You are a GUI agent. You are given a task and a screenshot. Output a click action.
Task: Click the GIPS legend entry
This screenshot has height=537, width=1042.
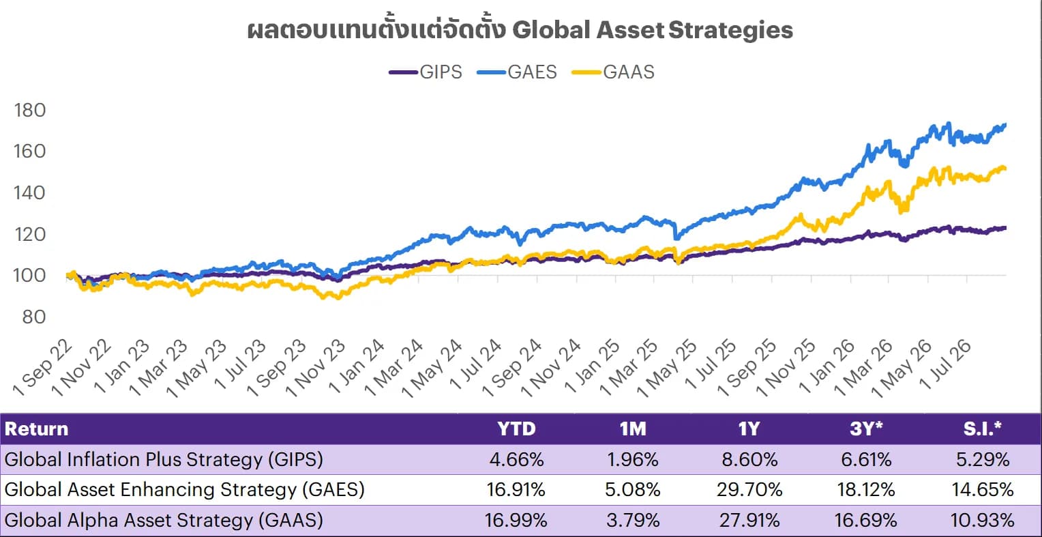coord(426,72)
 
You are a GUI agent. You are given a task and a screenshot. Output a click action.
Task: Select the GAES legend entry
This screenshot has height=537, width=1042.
coord(518,72)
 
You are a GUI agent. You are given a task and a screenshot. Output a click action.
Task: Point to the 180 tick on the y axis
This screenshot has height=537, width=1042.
coord(30,111)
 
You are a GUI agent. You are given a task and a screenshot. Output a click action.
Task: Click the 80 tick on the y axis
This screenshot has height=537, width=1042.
coord(34,317)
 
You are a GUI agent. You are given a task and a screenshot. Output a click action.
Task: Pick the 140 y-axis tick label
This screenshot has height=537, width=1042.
coord(30,192)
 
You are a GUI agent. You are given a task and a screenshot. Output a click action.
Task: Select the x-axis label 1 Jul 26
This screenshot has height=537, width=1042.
coord(946,365)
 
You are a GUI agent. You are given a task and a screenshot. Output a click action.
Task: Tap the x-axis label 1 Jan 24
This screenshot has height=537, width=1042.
coord(357,366)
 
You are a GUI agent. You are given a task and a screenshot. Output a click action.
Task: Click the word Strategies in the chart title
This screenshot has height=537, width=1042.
coord(731,30)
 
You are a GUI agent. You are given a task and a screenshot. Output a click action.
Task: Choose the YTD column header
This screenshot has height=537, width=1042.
coord(516,429)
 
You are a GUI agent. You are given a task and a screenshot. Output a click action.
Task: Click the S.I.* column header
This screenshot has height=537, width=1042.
coord(983,429)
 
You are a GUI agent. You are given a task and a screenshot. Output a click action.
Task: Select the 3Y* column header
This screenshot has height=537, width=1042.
coord(866,429)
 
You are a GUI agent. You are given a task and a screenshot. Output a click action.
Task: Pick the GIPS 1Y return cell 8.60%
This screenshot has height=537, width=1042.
coord(750,460)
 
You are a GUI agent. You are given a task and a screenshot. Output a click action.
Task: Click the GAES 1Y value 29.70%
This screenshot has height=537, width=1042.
coord(750,489)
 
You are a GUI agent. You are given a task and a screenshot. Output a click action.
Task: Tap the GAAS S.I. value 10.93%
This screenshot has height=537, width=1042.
coord(983,520)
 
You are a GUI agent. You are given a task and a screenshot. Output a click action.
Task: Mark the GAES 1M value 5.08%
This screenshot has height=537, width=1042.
coord(633,489)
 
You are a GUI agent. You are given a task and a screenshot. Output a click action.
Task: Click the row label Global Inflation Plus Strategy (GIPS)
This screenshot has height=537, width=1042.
coord(164,460)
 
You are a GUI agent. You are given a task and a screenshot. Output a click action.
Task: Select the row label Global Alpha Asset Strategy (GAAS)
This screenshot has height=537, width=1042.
coord(164,520)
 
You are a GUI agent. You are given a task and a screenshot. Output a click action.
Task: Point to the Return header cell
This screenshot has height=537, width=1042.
coord(36,429)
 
